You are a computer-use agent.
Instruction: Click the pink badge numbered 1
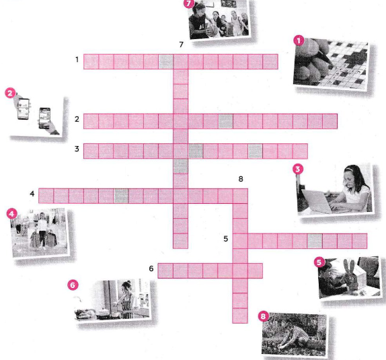(x=299, y=41)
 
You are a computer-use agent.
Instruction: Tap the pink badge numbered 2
(x=10, y=94)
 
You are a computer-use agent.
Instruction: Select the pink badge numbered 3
(x=298, y=170)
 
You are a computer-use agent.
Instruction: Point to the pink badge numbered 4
(x=11, y=214)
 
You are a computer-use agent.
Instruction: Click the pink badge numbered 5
(x=319, y=262)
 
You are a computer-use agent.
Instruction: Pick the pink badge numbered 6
(x=73, y=285)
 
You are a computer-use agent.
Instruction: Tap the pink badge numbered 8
(x=263, y=316)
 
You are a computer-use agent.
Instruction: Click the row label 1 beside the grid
(x=77, y=60)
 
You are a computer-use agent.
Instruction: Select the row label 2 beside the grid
(x=77, y=119)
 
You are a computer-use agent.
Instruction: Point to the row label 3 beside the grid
(x=77, y=149)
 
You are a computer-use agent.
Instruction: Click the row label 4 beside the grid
(x=32, y=194)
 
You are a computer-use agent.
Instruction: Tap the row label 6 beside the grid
(x=151, y=268)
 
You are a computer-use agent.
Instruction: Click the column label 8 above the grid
(x=241, y=179)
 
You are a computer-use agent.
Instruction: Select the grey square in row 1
(x=166, y=62)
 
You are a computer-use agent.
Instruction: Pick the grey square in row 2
(x=226, y=121)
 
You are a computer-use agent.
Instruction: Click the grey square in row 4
(x=121, y=196)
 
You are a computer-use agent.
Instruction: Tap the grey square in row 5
(x=315, y=241)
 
